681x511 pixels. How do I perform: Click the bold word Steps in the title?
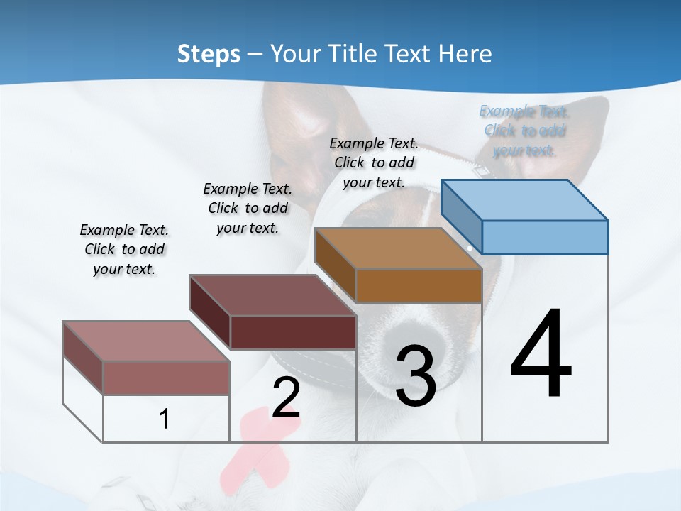209,54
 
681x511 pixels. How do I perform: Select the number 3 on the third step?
416,376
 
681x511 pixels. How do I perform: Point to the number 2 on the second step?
286,397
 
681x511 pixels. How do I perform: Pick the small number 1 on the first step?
165,419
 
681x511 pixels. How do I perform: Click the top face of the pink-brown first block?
146,341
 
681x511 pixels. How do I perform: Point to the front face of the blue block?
545,237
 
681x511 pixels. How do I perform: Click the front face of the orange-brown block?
419,285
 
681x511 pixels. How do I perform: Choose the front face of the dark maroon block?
293,332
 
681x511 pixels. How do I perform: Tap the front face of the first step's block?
167,378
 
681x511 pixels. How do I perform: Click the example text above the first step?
124,249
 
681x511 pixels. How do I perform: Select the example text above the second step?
248,208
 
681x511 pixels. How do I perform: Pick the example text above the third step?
374,163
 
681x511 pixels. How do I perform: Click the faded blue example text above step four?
524,131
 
